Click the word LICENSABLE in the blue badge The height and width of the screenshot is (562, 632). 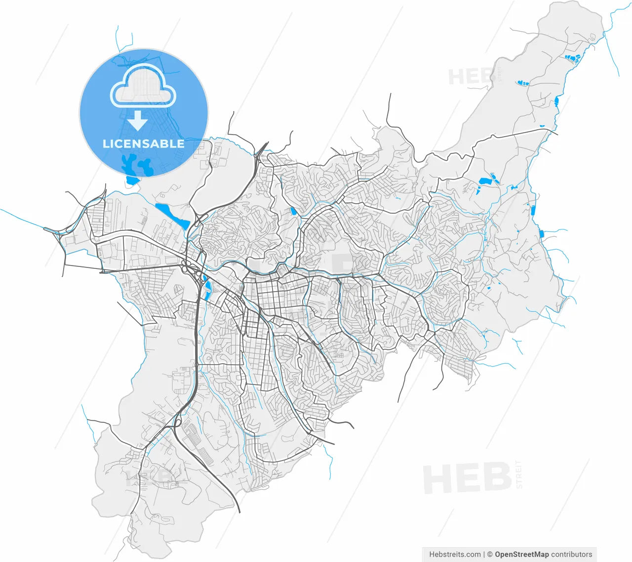[143, 144]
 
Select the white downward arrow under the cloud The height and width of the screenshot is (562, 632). [138, 119]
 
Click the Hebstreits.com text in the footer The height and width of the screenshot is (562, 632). [455, 554]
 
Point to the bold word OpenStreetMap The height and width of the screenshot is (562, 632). [522, 554]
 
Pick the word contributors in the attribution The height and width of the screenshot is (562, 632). [572, 554]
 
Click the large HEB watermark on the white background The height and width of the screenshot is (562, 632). [467, 478]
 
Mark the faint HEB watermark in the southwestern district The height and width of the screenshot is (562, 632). [148, 478]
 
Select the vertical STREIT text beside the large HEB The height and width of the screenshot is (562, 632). [518, 474]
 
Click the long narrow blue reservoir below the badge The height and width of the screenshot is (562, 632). [171, 216]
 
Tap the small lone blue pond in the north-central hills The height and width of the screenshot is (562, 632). [293, 211]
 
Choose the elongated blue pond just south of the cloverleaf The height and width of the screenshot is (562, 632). [207, 289]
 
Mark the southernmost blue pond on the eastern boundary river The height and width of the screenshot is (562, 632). [541, 233]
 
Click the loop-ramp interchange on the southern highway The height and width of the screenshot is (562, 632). [177, 423]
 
